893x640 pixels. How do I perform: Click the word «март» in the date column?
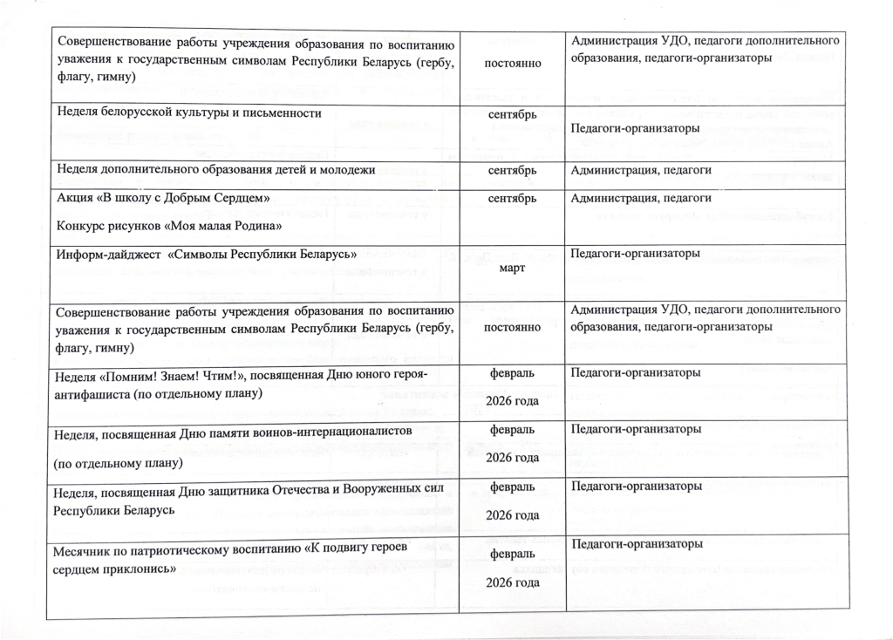tap(512, 269)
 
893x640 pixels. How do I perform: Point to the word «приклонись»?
tap(139, 569)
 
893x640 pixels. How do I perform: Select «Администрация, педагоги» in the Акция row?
tap(641, 199)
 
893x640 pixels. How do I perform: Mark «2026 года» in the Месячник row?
tap(512, 582)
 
